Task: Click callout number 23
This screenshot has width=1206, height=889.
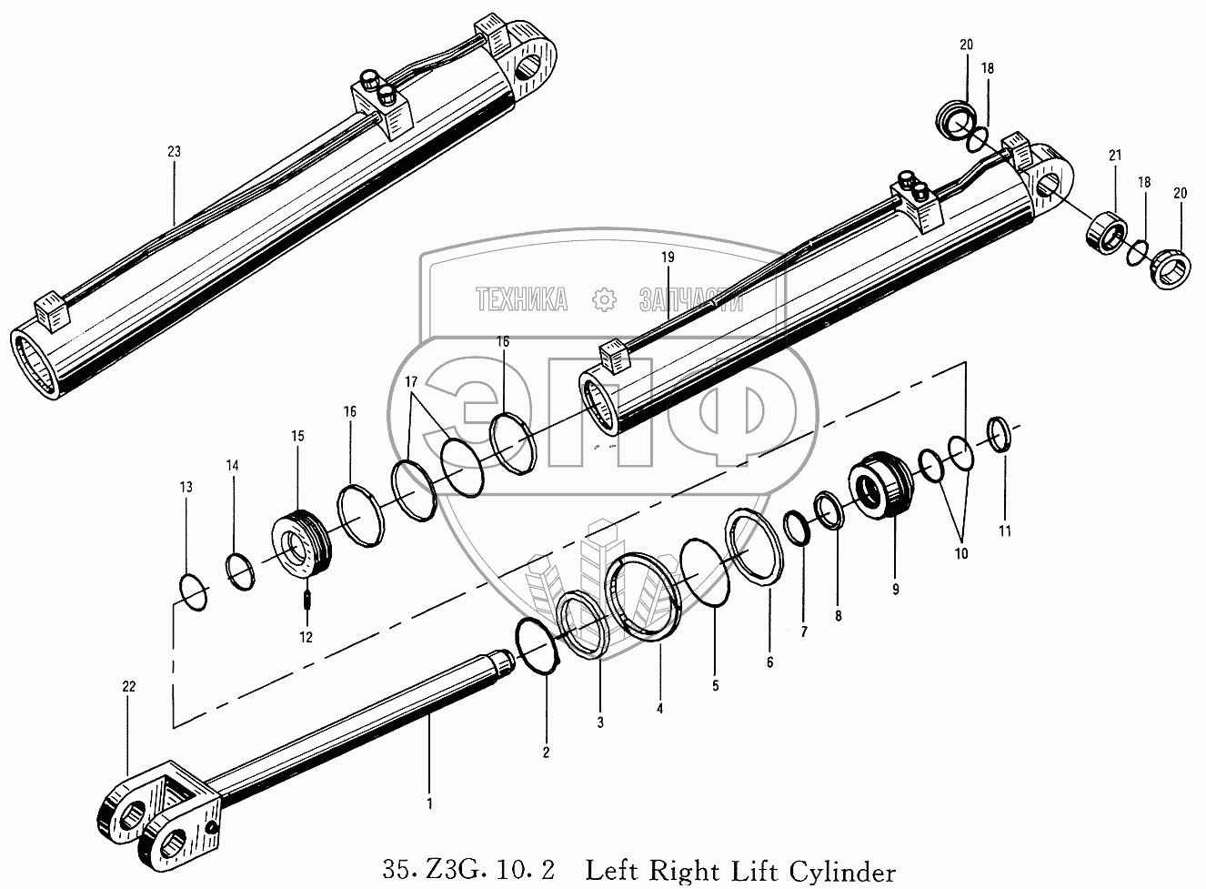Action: click(x=174, y=152)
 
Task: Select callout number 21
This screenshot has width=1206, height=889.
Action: click(x=1113, y=157)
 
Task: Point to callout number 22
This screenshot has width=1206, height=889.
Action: click(x=128, y=687)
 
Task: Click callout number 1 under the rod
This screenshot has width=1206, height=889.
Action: click(x=429, y=803)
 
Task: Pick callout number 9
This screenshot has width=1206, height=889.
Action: click(x=895, y=590)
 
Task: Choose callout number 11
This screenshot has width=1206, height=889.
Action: click(x=1005, y=530)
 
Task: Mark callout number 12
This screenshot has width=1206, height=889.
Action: click(x=306, y=637)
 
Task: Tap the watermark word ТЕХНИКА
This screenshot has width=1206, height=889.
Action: click(x=522, y=298)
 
